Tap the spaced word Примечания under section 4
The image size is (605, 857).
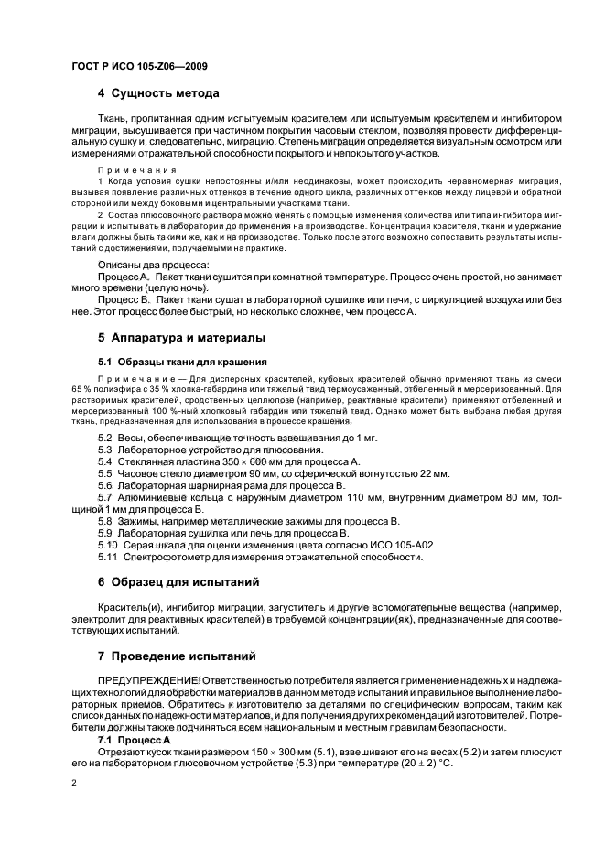coord(127,170)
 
